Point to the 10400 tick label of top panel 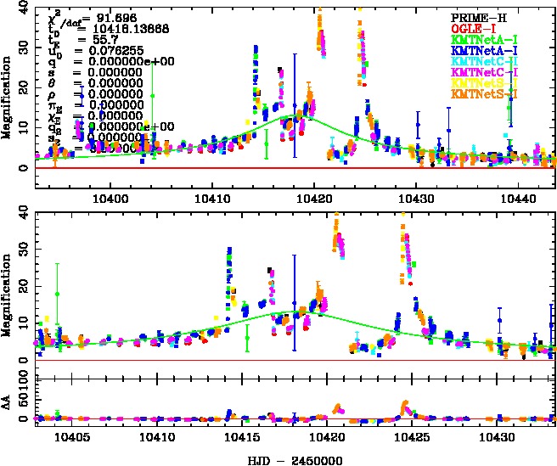[x=110, y=197]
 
